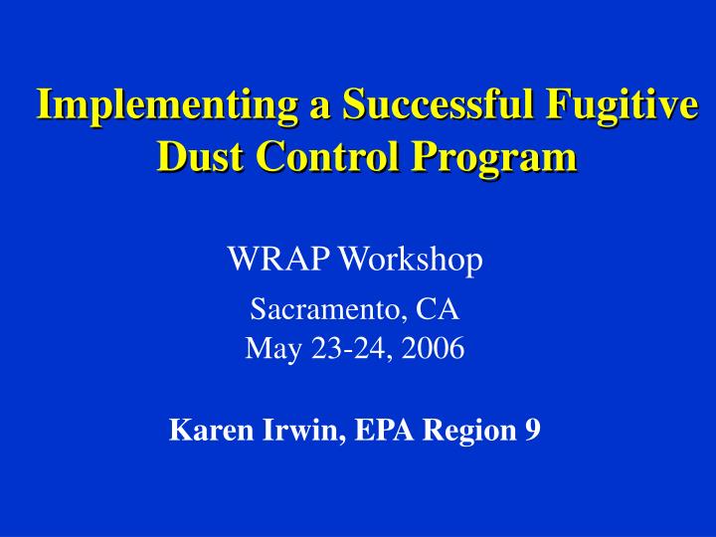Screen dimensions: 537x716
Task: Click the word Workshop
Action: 412,261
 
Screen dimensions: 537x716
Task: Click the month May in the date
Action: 266,349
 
